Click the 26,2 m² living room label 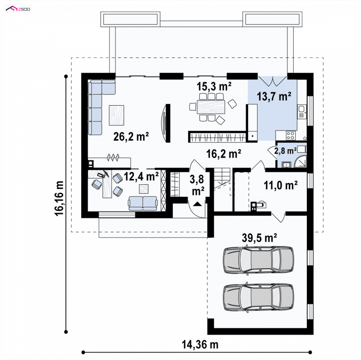tap(131, 136)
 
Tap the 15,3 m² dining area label tap(214, 86)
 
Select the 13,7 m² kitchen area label tap(274, 96)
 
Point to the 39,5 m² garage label tap(259, 238)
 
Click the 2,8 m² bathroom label tap(285, 151)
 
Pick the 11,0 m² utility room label tap(280, 185)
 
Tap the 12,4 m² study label tap(141, 176)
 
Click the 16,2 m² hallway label tap(223, 154)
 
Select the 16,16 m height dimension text tap(60, 198)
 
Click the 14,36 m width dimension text tap(200, 345)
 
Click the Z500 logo tap(18, 9)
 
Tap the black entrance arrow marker tap(198, 204)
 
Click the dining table tap(211, 107)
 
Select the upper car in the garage tap(258, 260)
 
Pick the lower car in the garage tap(258, 297)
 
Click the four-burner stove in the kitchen tap(291, 136)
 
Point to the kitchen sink tap(302, 112)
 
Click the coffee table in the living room tap(116, 115)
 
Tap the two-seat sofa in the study tap(143, 203)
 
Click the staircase tap(222, 179)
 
